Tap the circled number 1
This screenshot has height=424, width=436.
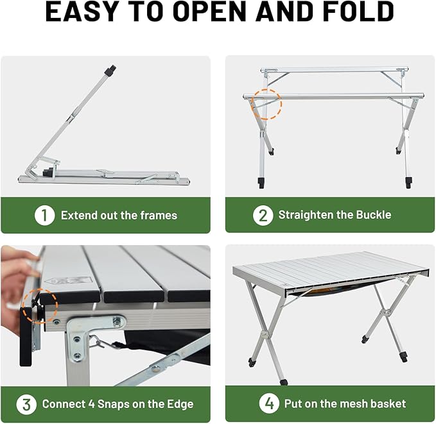tap(44, 216)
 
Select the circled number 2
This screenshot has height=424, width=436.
tap(262, 216)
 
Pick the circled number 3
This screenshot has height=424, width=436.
tap(26, 404)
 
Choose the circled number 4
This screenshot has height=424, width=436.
tap(269, 404)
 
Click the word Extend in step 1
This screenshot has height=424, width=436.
tap(80, 216)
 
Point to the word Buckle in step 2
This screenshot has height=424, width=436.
tap(371, 216)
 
